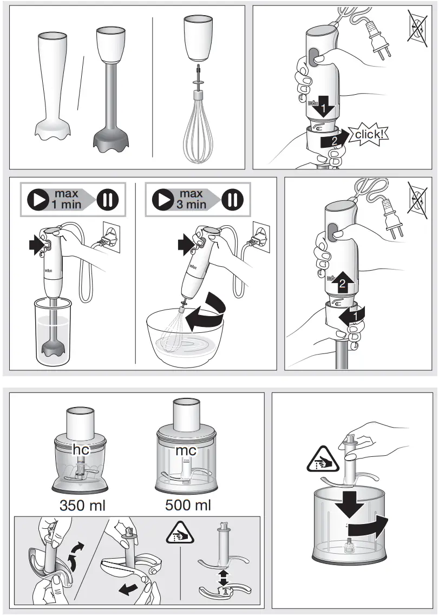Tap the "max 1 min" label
point(65,199)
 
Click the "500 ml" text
point(187,506)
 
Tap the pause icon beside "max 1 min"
point(107,199)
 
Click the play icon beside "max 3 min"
point(162,199)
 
